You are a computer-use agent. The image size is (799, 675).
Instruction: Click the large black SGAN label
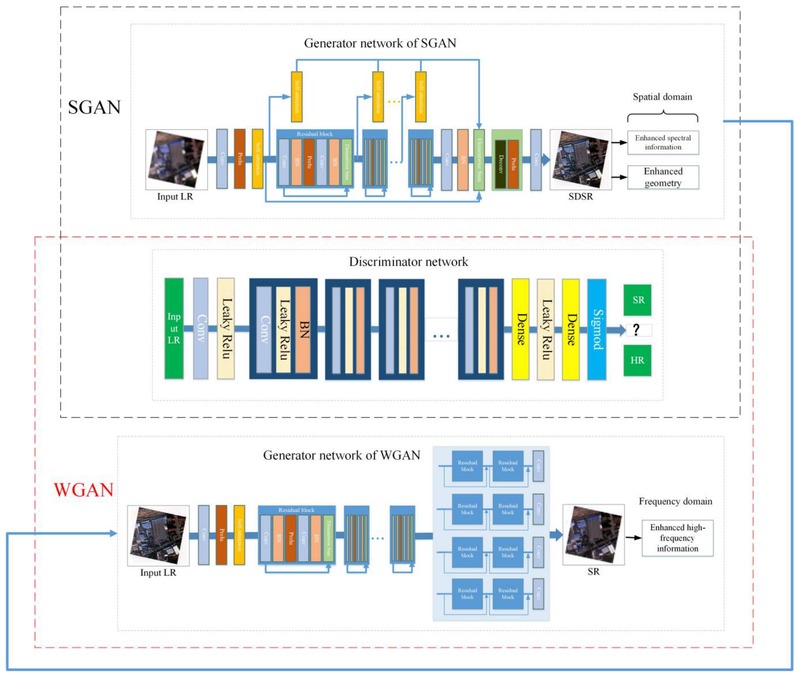tap(94, 107)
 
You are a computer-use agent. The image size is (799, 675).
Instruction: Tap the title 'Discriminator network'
tap(408, 262)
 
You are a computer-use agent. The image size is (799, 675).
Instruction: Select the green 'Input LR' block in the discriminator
tap(174, 328)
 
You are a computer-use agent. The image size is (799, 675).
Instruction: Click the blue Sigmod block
tap(596, 329)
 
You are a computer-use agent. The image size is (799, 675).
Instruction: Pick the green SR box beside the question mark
tap(637, 300)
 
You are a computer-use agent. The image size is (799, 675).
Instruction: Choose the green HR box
tap(637, 360)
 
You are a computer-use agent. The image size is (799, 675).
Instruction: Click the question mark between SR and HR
tap(636, 329)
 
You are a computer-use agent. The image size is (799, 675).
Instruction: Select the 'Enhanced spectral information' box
tap(663, 142)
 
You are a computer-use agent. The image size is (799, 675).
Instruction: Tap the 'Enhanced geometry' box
tap(663, 177)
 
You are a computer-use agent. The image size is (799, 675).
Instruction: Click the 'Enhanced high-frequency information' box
tap(677, 538)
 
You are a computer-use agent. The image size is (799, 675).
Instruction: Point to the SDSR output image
tap(580, 159)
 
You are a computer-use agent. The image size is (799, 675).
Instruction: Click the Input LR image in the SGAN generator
tap(176, 159)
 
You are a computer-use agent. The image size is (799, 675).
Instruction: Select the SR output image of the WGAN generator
tap(593, 534)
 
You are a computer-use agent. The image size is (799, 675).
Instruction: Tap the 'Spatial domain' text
tap(662, 97)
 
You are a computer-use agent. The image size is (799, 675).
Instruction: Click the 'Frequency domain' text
tap(675, 501)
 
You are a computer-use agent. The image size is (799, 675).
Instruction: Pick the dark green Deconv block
tap(500, 164)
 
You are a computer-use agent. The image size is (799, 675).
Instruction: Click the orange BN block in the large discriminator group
tap(303, 329)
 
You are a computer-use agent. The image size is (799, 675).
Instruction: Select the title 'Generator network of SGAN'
tap(379, 43)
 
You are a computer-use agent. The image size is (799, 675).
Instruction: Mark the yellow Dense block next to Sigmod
tap(570, 329)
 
